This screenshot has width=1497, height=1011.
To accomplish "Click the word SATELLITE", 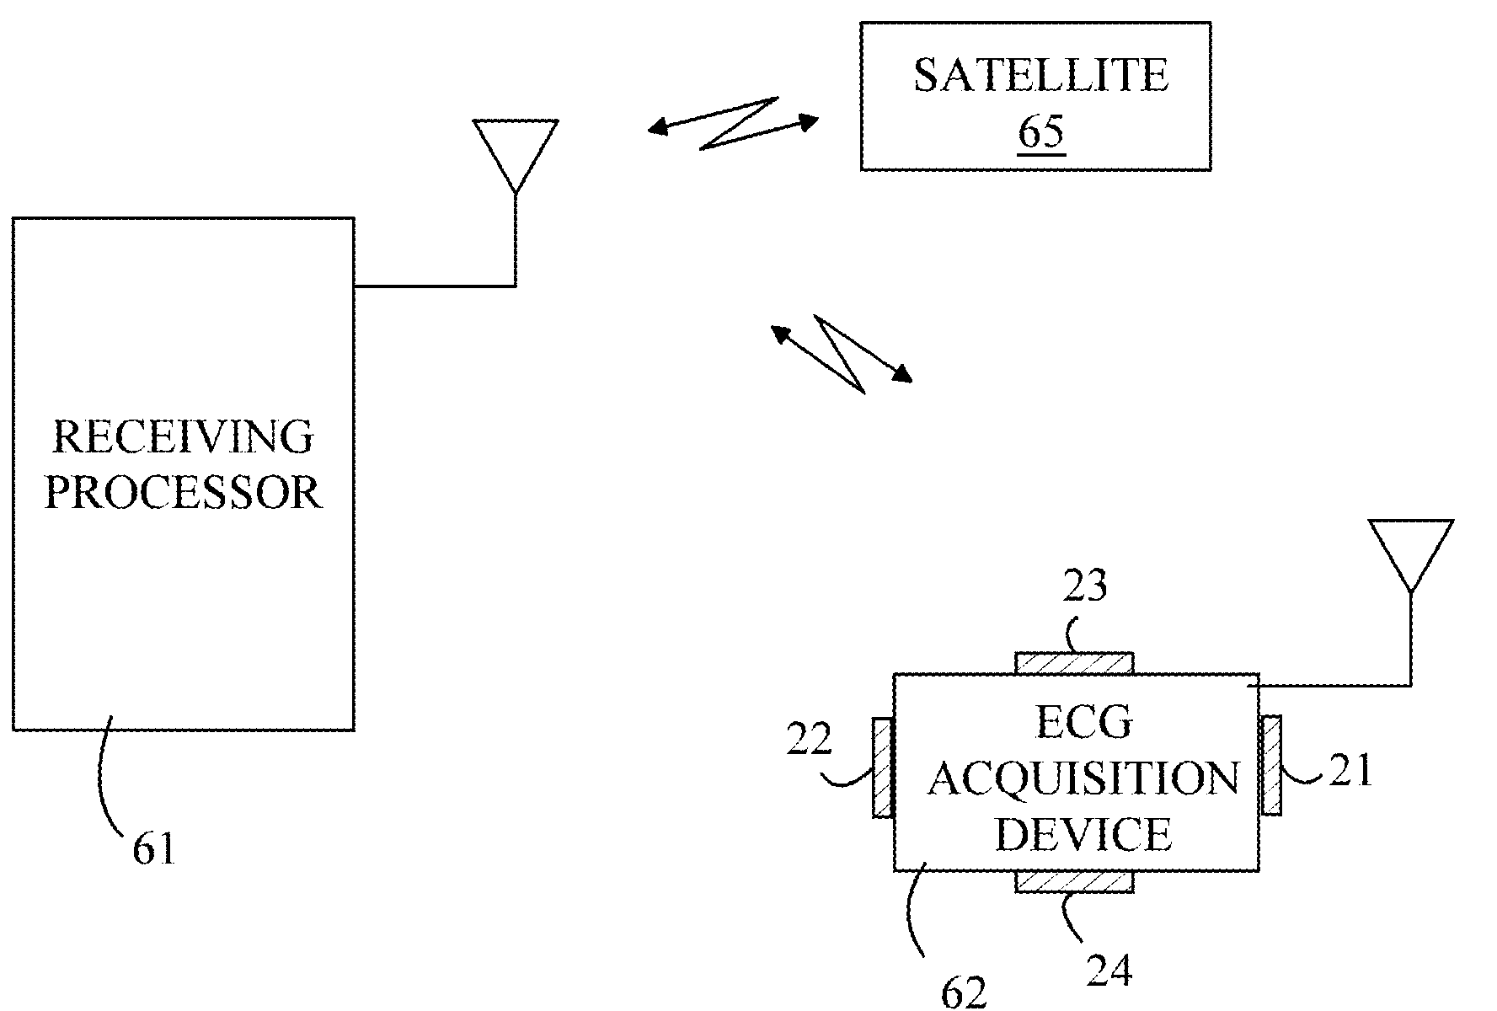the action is (1040, 75).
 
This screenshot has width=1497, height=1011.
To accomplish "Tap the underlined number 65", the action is (1042, 132).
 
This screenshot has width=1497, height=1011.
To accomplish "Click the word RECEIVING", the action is (183, 437).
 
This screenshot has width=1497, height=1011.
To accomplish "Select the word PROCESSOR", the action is (183, 492).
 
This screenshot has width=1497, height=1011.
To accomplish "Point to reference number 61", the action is (153, 848).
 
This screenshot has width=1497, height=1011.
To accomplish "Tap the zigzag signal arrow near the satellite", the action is (733, 125).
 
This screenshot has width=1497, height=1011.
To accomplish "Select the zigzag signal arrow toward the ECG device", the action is (841, 354).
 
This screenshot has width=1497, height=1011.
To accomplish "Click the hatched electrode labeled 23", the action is (1074, 663).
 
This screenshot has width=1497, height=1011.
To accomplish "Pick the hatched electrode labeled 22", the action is (882, 767).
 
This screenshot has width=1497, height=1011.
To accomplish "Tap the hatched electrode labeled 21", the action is (1271, 765).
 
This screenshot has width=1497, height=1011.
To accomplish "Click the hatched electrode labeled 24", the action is (1074, 882).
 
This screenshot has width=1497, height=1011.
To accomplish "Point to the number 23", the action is (1084, 586).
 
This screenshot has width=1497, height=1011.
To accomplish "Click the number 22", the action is (809, 741).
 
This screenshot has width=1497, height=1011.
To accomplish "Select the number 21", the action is (1351, 771).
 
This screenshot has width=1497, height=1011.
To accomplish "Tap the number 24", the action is (1109, 971).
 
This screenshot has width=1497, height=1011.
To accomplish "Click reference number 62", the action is (963, 994).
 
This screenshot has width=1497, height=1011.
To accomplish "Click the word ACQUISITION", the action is (1083, 779).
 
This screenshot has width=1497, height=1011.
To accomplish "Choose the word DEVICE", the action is (1083, 834).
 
